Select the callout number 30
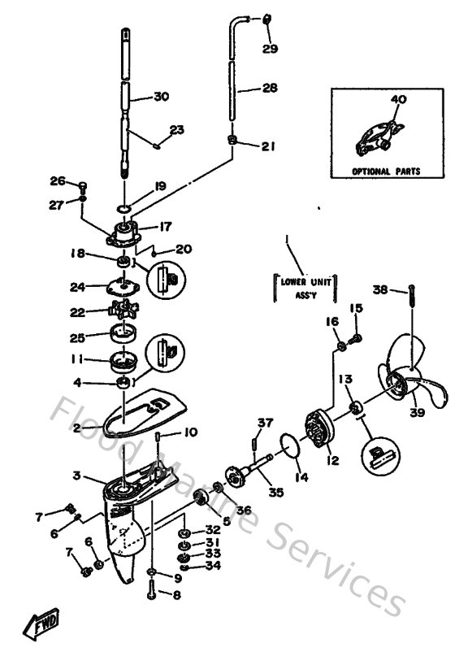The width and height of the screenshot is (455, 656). [x=161, y=97]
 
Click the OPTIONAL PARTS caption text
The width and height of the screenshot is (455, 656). [x=386, y=172]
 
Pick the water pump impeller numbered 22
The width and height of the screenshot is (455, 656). [x=123, y=311]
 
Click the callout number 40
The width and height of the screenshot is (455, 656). [x=398, y=99]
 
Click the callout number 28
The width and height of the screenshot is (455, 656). [x=269, y=89]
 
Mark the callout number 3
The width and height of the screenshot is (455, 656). [x=76, y=476]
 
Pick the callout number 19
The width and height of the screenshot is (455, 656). [x=160, y=186]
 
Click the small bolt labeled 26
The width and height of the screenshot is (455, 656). [x=83, y=189]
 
